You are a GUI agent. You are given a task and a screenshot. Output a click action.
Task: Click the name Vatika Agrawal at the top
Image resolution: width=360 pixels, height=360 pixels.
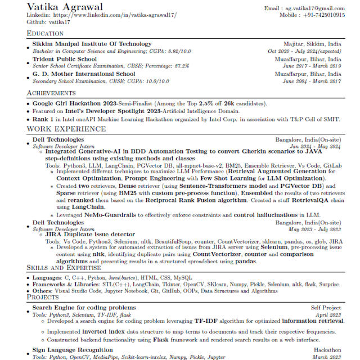tap(65, 7)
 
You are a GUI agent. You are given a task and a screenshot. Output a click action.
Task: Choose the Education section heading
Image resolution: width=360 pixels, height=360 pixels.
tap(45, 34)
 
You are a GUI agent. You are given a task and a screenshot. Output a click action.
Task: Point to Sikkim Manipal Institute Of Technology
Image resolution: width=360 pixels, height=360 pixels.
tap(92, 44)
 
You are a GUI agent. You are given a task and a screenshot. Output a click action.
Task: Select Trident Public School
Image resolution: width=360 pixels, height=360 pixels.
tap(64, 59)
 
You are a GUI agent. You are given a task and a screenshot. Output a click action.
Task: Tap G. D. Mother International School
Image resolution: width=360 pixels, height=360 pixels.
tap(83, 74)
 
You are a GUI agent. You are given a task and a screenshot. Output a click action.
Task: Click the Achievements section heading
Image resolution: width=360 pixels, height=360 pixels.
tap(51, 93)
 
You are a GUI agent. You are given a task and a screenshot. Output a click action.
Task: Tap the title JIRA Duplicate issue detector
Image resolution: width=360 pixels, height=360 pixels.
tap(90, 235)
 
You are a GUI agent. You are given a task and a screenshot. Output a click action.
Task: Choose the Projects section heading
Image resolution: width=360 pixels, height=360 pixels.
tap(43, 297)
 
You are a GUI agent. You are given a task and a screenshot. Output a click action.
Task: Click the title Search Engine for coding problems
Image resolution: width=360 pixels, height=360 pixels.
tap(84, 308)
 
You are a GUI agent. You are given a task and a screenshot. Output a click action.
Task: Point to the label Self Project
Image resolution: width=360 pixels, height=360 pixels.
tap(326, 308)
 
